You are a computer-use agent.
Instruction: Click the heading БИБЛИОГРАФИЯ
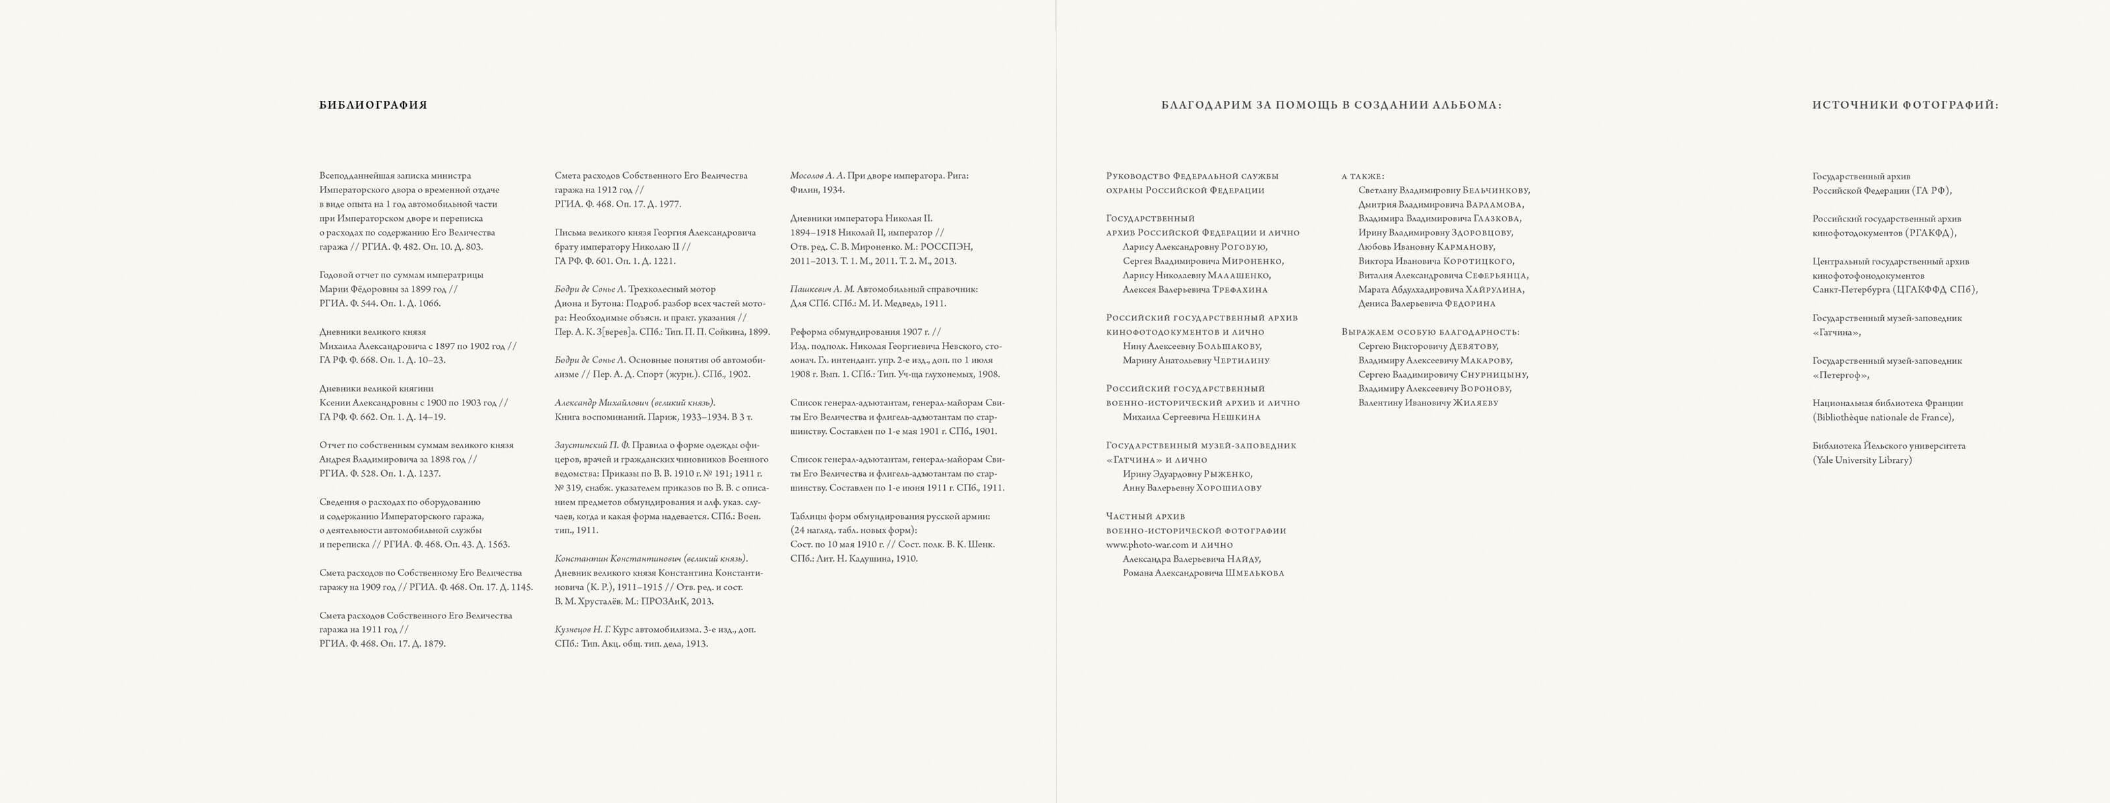[x=373, y=105]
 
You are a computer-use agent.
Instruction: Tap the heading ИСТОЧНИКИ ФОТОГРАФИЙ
[x=1904, y=105]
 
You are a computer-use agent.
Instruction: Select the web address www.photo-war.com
[x=1147, y=545]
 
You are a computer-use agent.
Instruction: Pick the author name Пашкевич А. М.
[x=822, y=289]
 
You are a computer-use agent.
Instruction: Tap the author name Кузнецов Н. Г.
[x=582, y=630]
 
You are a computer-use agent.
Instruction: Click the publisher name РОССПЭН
[x=947, y=247]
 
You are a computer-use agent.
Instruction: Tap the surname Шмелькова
[x=1253, y=574]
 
